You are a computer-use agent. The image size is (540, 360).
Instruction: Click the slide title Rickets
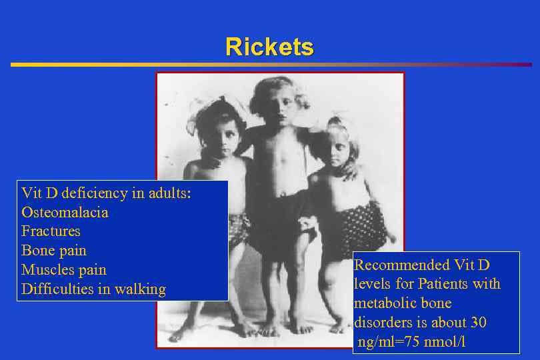269,47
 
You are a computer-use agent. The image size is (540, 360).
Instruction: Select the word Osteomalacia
65,213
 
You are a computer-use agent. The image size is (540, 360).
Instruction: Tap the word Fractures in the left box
51,231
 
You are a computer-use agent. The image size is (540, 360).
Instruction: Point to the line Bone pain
54,251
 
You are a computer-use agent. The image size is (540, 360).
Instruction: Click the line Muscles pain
64,270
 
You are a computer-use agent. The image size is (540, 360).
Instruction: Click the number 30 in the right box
478,323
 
